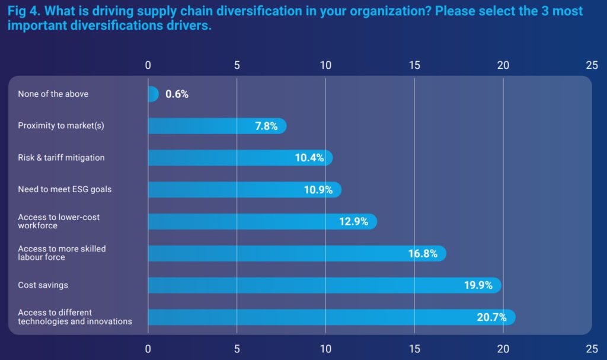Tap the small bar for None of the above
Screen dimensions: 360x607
point(152,94)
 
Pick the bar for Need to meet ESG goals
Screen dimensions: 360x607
point(243,190)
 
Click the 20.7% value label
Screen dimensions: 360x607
point(491,317)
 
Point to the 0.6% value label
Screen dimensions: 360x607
point(177,94)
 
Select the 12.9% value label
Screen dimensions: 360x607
point(353,222)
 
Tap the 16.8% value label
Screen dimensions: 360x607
point(423,254)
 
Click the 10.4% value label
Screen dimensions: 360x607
point(309,158)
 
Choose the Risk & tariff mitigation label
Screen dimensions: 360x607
point(61,158)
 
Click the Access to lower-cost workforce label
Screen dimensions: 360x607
point(59,221)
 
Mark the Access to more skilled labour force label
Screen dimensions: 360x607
point(62,253)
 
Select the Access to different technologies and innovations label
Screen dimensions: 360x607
point(75,317)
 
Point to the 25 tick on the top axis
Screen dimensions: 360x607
point(592,65)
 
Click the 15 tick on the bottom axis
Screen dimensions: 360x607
point(414,349)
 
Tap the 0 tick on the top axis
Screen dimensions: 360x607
point(148,65)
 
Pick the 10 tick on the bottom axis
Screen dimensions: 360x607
point(325,349)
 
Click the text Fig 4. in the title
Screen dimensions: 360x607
point(24,11)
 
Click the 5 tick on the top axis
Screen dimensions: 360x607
point(237,65)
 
